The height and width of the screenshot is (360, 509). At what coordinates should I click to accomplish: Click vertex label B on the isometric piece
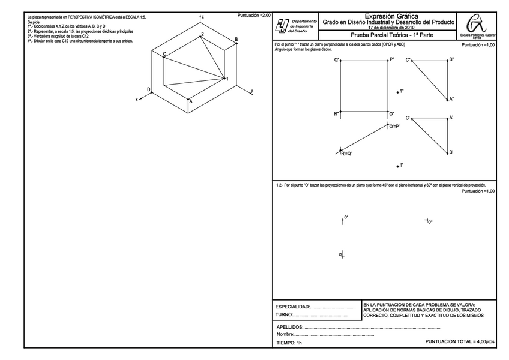click(236, 40)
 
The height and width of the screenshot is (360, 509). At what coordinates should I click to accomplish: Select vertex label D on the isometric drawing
click(149, 89)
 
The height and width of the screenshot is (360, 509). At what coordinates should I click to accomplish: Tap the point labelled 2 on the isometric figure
click(203, 35)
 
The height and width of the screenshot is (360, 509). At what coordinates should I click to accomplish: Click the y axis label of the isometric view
click(251, 90)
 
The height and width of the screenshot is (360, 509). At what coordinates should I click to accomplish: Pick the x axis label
click(137, 99)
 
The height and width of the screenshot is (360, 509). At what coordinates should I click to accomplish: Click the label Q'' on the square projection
click(337, 59)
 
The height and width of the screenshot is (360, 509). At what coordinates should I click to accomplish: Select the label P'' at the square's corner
click(392, 59)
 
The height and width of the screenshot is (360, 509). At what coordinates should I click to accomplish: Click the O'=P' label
click(394, 127)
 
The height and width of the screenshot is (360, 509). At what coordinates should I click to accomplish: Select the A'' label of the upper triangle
click(451, 99)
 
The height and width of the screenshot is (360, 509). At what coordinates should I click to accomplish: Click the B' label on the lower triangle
click(451, 152)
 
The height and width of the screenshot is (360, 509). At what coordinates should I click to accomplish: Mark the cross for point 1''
click(398, 92)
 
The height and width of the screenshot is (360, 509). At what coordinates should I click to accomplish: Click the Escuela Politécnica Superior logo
click(477, 27)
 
